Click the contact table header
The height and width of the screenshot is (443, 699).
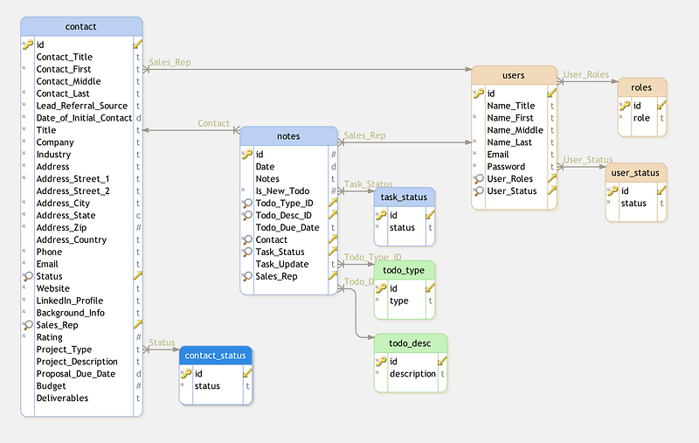(x=80, y=26)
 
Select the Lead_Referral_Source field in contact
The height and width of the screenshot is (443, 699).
(x=81, y=106)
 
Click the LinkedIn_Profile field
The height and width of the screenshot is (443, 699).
(x=69, y=301)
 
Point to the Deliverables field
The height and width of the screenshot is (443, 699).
(x=62, y=398)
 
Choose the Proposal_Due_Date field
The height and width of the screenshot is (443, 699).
(x=75, y=374)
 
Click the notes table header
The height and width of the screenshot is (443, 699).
(x=288, y=136)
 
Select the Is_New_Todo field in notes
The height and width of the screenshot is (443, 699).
(x=282, y=190)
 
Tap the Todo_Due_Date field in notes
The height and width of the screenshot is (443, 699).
(x=287, y=227)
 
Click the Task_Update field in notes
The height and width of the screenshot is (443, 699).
(x=281, y=264)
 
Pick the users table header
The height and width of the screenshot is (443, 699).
(x=514, y=75)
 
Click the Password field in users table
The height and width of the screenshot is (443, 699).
(x=506, y=167)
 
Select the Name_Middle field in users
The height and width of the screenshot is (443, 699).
(x=515, y=130)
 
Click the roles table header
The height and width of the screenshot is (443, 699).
(x=641, y=87)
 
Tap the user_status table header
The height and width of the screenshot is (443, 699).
(x=635, y=173)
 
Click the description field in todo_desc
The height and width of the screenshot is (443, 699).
(x=412, y=374)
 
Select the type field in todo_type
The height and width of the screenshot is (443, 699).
(x=398, y=301)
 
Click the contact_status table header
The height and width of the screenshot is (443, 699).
(x=216, y=356)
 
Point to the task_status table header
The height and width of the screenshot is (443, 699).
(x=404, y=197)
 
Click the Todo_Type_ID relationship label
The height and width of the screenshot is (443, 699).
(x=373, y=258)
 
